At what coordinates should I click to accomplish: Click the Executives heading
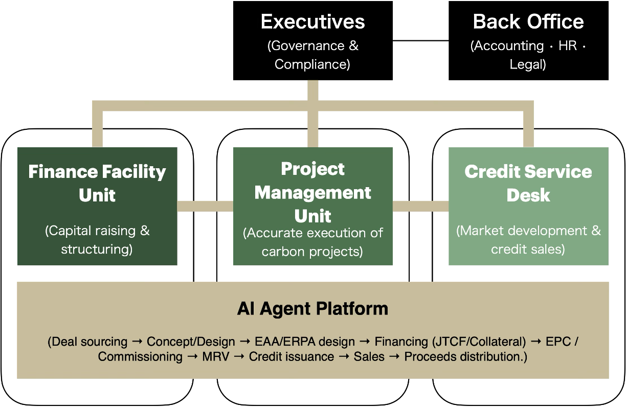pyautogui.click(x=312, y=22)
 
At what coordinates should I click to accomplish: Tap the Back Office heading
pyautogui.click(x=528, y=22)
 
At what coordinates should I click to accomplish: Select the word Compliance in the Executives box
pyautogui.click(x=312, y=64)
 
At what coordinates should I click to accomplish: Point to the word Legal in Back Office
pyautogui.click(x=528, y=64)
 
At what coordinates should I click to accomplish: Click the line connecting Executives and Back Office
pyautogui.click(x=420, y=41)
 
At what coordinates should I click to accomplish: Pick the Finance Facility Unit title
pyautogui.click(x=97, y=183)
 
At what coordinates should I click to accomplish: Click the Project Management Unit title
pyautogui.click(x=312, y=192)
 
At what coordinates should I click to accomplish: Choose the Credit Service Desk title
pyautogui.click(x=528, y=183)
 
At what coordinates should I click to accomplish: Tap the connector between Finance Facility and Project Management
pyautogui.click(x=205, y=207)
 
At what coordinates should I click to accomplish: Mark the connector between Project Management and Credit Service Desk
pyautogui.click(x=420, y=207)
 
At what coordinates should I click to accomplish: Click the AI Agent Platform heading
pyautogui.click(x=312, y=309)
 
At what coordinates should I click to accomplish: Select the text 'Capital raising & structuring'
pyautogui.click(x=97, y=240)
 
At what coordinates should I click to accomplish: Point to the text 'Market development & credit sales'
pyautogui.click(x=528, y=240)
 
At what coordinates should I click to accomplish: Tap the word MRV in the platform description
pyautogui.click(x=215, y=357)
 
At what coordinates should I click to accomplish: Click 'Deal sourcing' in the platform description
pyautogui.click(x=90, y=342)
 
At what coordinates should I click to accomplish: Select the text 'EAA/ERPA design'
pyautogui.click(x=305, y=342)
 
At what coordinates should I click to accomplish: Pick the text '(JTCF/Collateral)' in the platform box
pyautogui.click(x=479, y=342)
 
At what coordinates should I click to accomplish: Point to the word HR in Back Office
pyautogui.click(x=568, y=46)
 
